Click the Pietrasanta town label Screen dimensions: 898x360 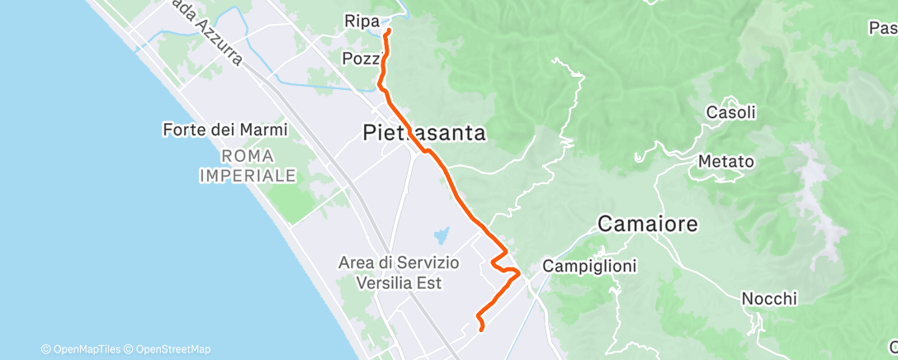423,133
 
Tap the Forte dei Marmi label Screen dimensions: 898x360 224,130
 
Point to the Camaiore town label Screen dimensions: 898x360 647,223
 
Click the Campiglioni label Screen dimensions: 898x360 582,267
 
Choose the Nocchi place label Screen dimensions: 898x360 769,298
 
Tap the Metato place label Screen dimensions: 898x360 725,161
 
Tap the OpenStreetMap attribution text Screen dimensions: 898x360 173,349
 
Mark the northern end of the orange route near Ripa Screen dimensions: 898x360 388,31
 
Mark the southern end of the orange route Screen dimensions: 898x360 480,330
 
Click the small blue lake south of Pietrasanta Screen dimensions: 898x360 442,237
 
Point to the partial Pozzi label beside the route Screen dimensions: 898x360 361,59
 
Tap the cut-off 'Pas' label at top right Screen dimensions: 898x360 882,28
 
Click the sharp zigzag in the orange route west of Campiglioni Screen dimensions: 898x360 499,264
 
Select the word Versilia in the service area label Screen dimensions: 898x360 407,282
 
